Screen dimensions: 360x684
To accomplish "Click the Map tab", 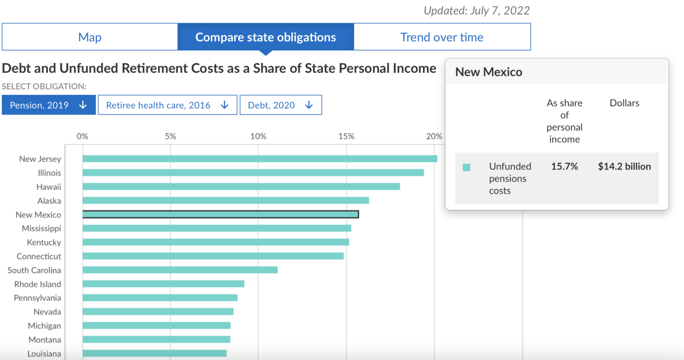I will pyautogui.click(x=90, y=37).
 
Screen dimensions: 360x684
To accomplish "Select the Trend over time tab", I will pyautogui.click(x=442, y=37).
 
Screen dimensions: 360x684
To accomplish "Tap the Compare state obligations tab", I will pyautogui.click(x=265, y=37).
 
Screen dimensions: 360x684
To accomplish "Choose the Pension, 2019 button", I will pyautogui.click(x=49, y=105).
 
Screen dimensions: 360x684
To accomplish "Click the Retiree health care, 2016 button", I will pyautogui.click(x=167, y=105).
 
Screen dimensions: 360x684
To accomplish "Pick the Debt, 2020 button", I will pyautogui.click(x=281, y=105).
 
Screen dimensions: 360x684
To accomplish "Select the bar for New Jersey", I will pyautogui.click(x=260, y=159).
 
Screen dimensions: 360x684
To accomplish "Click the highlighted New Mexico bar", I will pyautogui.click(x=220, y=214).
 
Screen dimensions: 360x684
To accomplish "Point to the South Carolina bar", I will pyautogui.click(x=180, y=270).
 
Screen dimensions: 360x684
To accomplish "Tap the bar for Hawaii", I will pyautogui.click(x=241, y=186).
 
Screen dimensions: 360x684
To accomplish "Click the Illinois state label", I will pyautogui.click(x=49, y=173).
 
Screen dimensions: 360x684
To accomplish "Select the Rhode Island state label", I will pyautogui.click(x=37, y=284).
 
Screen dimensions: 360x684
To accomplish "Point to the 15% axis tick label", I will pyautogui.click(x=346, y=136).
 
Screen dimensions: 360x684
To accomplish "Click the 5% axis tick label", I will pyautogui.click(x=170, y=136).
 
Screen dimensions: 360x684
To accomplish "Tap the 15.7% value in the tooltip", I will pyautogui.click(x=564, y=166).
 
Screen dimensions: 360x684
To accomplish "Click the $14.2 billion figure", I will pyautogui.click(x=624, y=166).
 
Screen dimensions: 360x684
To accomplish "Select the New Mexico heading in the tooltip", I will pyautogui.click(x=489, y=72).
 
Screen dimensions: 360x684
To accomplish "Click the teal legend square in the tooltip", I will pyautogui.click(x=467, y=167).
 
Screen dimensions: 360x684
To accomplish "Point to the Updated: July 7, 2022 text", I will pyautogui.click(x=476, y=11).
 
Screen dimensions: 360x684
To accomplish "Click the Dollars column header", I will pyautogui.click(x=624, y=103).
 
